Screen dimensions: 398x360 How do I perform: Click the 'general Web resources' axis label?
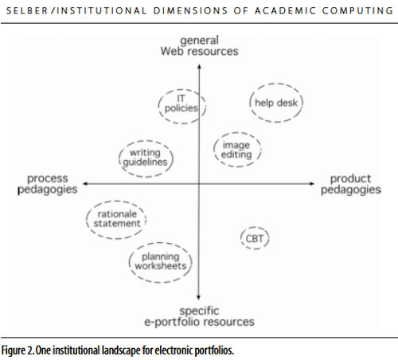pos(199,46)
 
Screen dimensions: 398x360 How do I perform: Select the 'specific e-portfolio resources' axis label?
pos(199,316)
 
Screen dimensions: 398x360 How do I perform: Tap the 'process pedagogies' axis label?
pos(48,184)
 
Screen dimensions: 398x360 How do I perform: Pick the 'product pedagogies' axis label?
pos(351,184)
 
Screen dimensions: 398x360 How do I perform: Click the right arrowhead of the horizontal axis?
pos(314,183)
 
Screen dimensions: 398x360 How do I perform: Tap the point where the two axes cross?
pos(199,183)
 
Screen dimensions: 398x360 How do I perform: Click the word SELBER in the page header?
pos(27,11)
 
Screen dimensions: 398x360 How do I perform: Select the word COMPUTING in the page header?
pos(357,10)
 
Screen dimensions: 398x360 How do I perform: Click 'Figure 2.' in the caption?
pos(18,350)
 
